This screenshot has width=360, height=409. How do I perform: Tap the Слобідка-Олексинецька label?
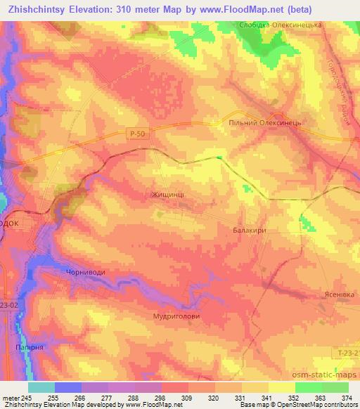click(288, 24)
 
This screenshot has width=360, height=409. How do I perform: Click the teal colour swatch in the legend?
click(41, 387)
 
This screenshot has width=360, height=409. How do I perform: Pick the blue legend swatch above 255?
click(68, 387)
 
